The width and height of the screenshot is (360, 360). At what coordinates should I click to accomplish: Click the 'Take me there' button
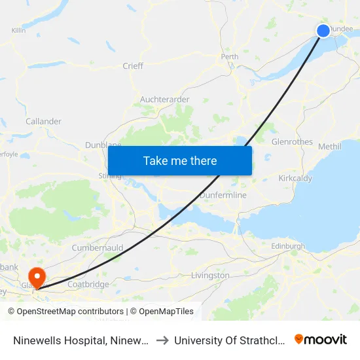[180, 160]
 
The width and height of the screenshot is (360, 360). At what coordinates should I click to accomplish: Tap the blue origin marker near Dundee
[323, 31]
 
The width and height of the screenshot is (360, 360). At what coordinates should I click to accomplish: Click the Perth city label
[230, 57]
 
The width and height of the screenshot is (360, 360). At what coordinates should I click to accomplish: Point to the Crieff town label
[133, 66]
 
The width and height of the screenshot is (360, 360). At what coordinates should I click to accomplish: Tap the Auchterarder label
[165, 99]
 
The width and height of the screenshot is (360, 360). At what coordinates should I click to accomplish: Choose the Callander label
[44, 121]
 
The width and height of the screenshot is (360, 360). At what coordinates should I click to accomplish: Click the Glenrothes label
[292, 141]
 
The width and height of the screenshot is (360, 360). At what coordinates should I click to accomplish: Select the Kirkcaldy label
[295, 178]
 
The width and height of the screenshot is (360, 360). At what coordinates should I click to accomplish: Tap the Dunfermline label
[223, 195]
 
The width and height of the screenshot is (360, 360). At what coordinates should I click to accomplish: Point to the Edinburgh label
[288, 247]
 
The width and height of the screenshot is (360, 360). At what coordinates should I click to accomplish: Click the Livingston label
[210, 276]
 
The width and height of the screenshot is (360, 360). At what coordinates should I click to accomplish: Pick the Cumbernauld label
[98, 249]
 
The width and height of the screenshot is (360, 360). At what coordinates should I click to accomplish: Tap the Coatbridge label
[88, 284]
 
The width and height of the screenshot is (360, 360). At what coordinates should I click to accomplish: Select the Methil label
[330, 147]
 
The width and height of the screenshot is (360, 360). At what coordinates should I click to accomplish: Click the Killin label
[18, 30]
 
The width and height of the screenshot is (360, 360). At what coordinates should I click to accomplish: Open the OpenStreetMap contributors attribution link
[69, 312]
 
